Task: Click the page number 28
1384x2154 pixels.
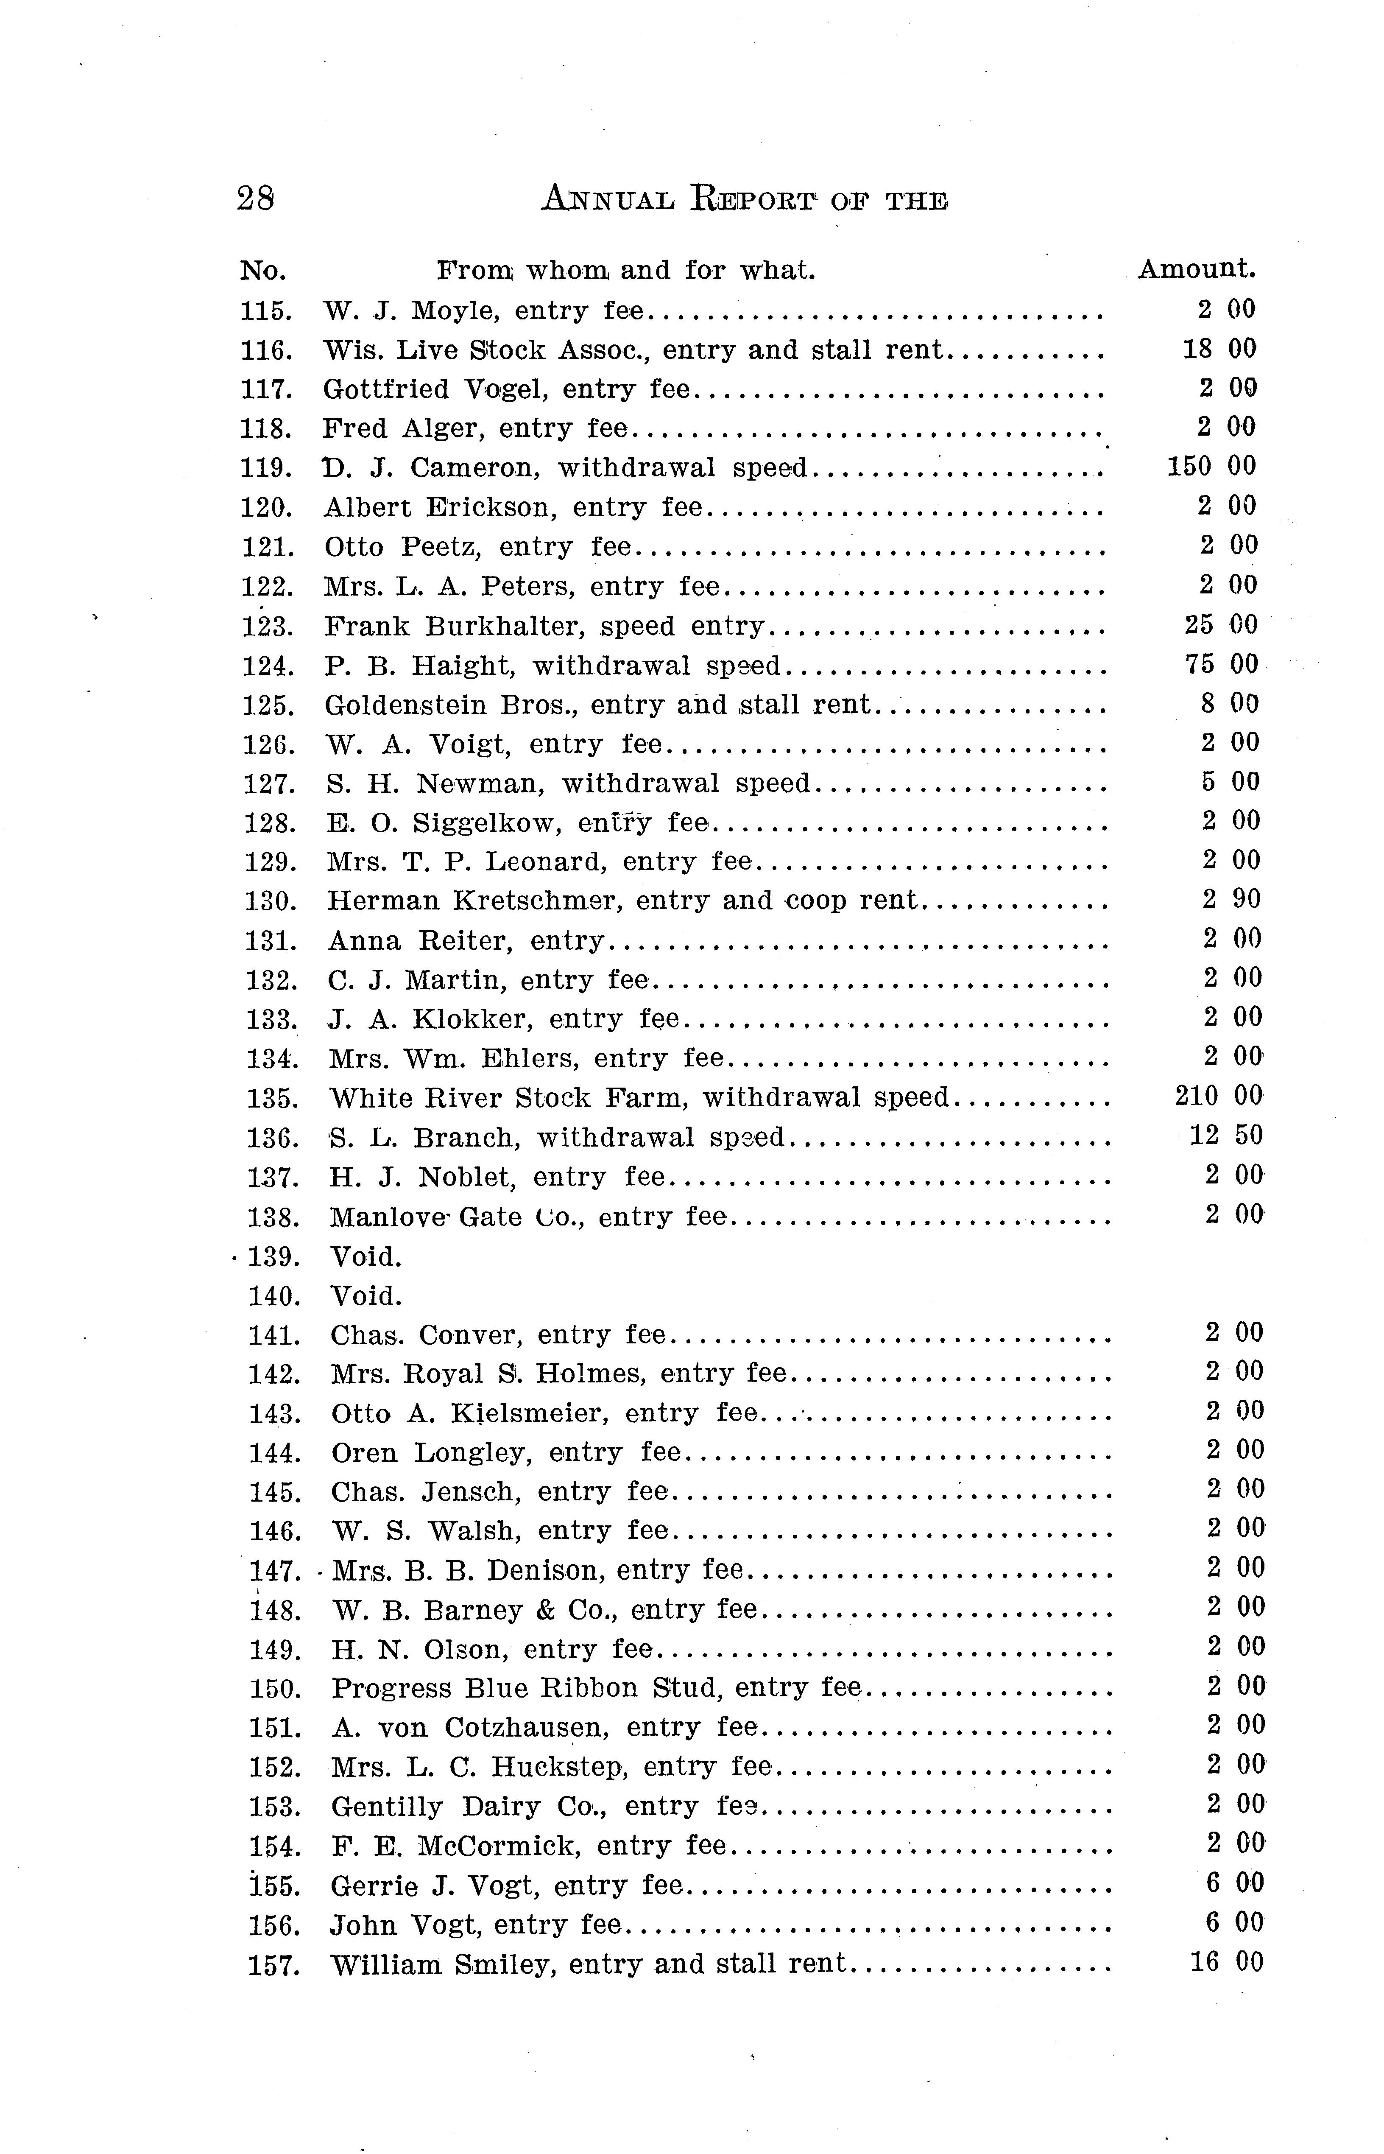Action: pos(255,198)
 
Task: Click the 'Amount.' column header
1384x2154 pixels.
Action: pos(1196,269)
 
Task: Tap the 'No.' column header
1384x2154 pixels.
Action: pos(262,271)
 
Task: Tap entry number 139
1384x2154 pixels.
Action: pos(272,1257)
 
